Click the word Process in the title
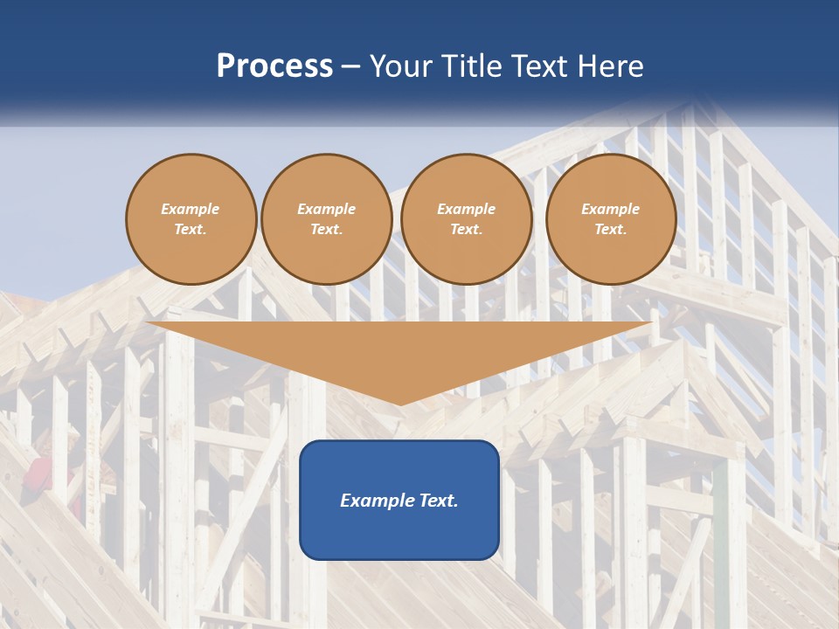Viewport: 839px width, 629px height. [274, 67]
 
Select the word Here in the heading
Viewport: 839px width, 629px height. [609, 66]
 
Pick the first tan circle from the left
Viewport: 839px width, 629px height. [191, 219]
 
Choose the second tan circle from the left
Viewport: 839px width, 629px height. [327, 219]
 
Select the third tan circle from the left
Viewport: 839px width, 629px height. [467, 219]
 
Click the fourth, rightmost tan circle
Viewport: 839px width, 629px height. [611, 219]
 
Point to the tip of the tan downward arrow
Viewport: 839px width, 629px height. [400, 404]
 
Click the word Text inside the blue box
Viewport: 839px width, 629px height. [437, 501]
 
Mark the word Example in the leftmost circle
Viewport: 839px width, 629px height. [191, 209]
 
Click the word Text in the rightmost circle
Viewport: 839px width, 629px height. [611, 230]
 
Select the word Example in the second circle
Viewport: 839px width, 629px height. [327, 209]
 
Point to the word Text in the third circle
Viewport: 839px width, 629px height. [467, 230]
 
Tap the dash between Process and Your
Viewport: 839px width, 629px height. [350, 67]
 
